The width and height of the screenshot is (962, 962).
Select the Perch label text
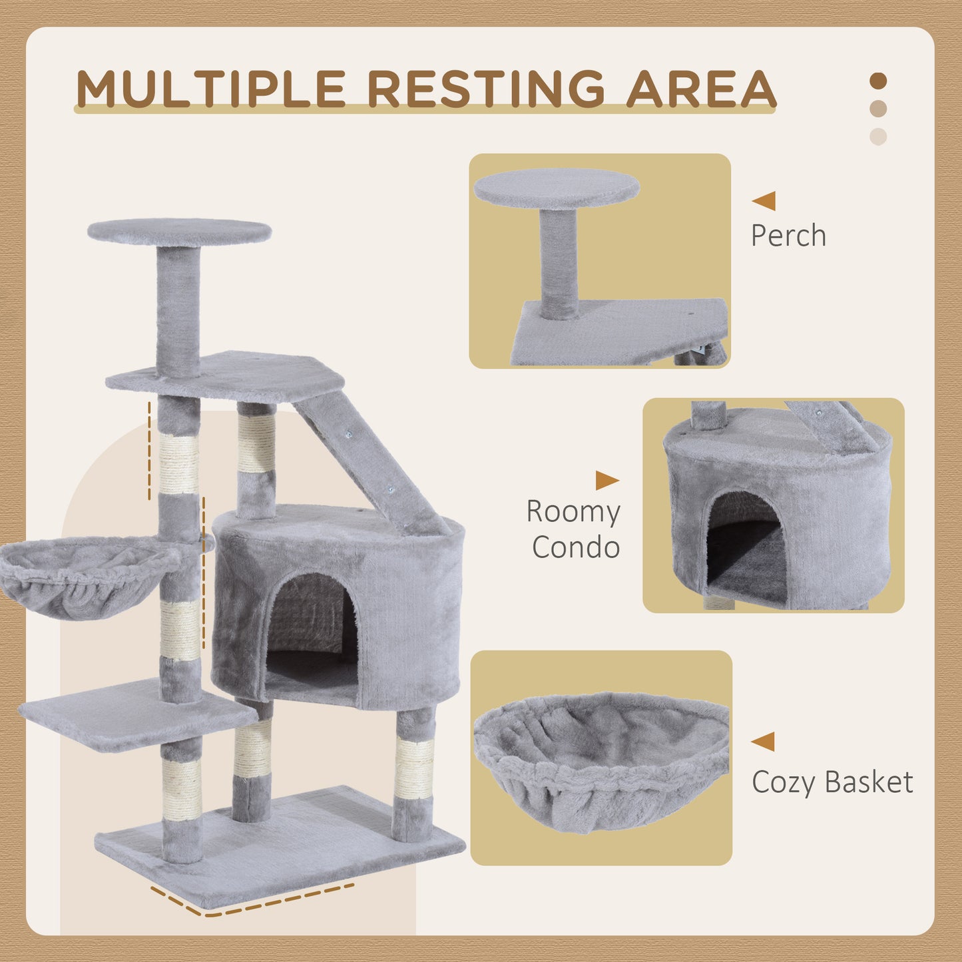tap(788, 236)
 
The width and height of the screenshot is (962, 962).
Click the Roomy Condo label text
tap(574, 529)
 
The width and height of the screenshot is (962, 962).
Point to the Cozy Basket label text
tap(832, 782)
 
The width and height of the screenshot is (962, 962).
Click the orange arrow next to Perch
tap(764, 200)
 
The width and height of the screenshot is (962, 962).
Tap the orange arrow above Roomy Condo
tap(606, 480)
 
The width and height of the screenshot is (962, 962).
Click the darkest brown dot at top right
tap(878, 81)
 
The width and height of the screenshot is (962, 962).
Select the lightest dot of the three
tap(878, 136)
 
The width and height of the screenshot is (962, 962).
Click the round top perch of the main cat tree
tap(179, 232)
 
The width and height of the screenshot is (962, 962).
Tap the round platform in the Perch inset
tap(557, 187)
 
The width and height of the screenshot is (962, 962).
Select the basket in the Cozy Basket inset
tap(601, 759)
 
